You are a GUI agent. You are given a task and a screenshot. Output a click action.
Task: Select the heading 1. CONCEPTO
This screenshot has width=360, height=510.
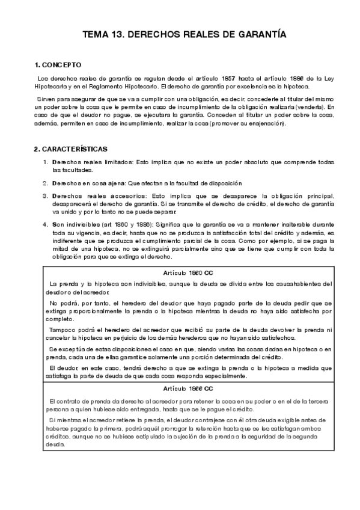pyautogui.click(x=58, y=64)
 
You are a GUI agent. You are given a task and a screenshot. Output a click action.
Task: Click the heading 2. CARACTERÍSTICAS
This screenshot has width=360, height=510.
pyautogui.click(x=71, y=149)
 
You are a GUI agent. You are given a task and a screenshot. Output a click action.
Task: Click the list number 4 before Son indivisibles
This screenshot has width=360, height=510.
pyautogui.click(x=45, y=224)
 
